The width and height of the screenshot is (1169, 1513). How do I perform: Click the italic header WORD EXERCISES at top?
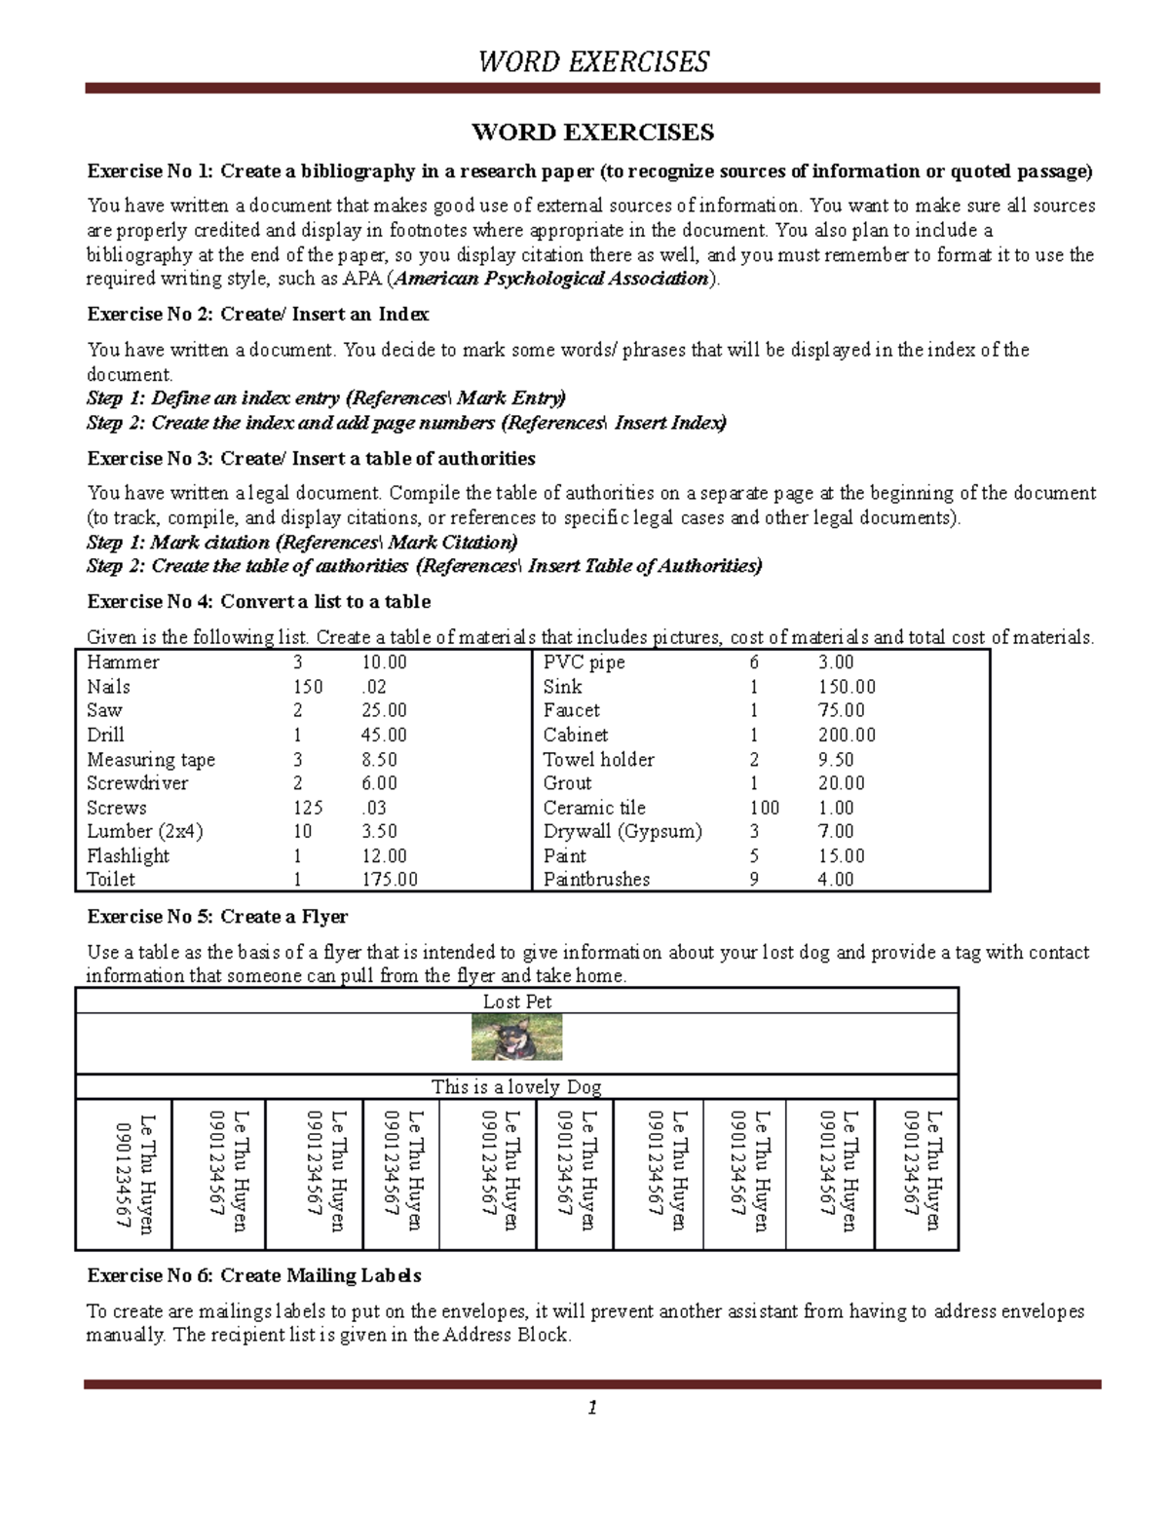click(x=592, y=62)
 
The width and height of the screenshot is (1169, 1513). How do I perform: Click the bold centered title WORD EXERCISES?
click(x=592, y=132)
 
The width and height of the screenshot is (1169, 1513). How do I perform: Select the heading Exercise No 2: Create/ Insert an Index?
click(x=258, y=315)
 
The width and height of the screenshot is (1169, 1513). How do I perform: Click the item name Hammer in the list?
click(x=123, y=662)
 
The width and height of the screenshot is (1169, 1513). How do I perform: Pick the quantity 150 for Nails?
click(x=308, y=687)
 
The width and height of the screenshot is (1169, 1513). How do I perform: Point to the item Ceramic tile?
click(x=594, y=808)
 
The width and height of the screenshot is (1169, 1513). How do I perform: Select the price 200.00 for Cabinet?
click(x=847, y=736)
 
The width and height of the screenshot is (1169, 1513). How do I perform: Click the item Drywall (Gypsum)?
click(x=622, y=832)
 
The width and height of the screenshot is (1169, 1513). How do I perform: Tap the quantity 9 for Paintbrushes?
click(x=754, y=880)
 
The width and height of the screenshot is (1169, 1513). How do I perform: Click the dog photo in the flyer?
click(x=516, y=1037)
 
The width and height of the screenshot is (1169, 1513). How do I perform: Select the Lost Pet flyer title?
click(x=516, y=1002)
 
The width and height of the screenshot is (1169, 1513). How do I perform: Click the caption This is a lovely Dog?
click(x=516, y=1087)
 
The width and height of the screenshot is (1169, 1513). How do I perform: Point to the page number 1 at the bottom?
click(x=591, y=1408)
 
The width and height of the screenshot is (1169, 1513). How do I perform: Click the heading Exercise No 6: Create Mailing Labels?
click(x=254, y=1276)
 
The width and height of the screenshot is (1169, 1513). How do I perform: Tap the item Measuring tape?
click(x=151, y=760)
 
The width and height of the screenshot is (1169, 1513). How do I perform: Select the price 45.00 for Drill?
click(x=384, y=736)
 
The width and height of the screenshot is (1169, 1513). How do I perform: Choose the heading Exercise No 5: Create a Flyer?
click(x=217, y=917)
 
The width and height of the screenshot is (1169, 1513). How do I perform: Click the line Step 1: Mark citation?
click(x=302, y=543)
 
